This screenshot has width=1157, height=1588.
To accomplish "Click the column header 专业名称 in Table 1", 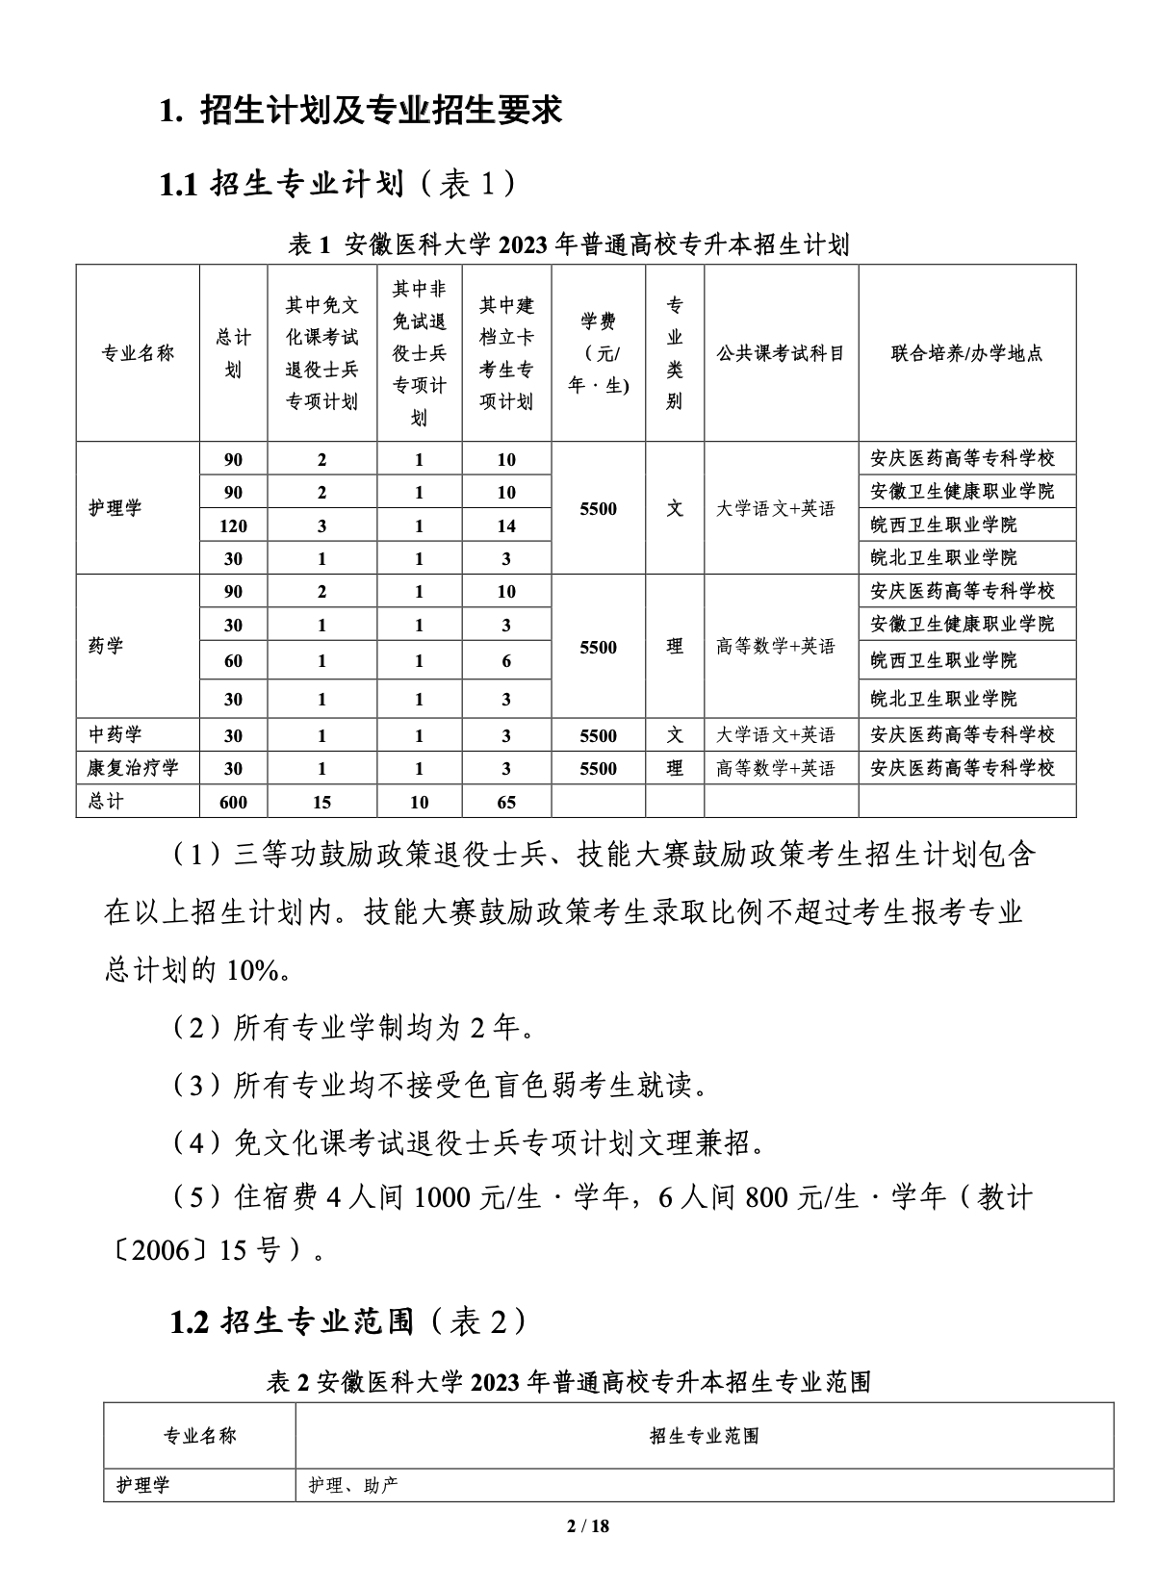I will point(138,353).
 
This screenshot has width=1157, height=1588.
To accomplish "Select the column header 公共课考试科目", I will point(781,353).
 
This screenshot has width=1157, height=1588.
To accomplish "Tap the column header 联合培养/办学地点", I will point(966,353).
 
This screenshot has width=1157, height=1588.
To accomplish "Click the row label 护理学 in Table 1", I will point(116,508).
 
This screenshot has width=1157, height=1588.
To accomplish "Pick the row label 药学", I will point(106,646).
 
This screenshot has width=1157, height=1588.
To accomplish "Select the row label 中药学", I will point(116,735).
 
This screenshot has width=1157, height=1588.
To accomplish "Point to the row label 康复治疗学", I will point(134,768).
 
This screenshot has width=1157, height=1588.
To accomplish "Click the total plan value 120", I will point(233,525).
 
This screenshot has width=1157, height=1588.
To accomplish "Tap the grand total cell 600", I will point(233,802).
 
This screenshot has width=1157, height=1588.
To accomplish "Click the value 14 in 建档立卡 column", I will point(506,525).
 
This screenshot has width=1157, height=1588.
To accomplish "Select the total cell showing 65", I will point(506,802).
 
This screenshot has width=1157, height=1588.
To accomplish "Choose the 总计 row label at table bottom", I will point(106,802).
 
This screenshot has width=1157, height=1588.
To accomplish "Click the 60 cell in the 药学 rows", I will point(233,661).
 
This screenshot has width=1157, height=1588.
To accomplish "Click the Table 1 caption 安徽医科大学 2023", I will point(568,245).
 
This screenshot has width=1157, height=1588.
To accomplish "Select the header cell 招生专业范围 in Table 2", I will point(704,1436).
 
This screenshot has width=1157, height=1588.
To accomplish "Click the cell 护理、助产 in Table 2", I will point(353,1485).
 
